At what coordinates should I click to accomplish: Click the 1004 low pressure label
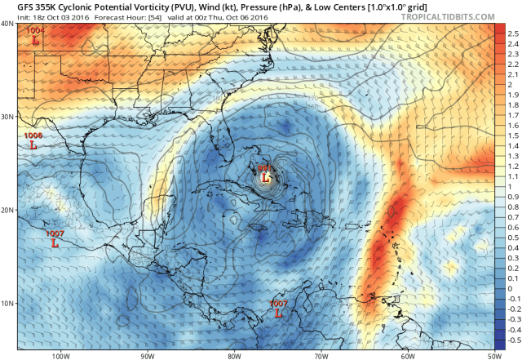pos(36,31)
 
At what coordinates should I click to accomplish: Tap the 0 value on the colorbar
pos(511,288)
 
